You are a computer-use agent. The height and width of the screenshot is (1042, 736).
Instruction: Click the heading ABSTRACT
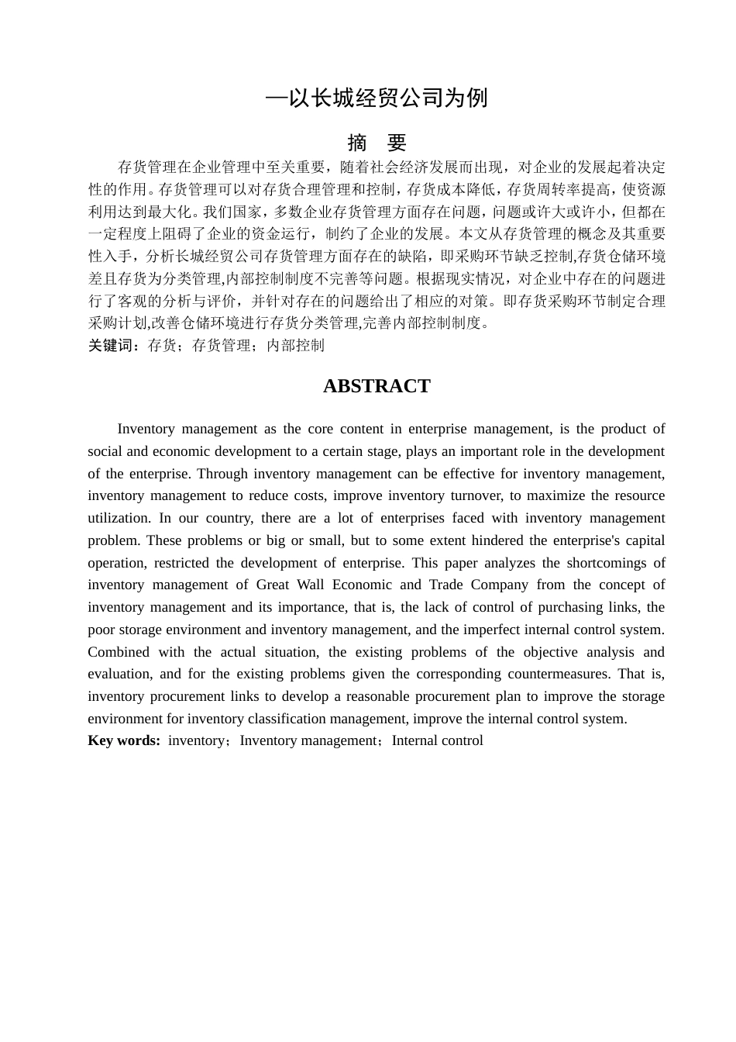click(377, 386)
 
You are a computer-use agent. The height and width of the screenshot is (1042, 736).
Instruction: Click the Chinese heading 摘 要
click(377, 143)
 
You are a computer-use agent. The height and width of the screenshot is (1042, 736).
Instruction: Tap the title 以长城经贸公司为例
click(377, 98)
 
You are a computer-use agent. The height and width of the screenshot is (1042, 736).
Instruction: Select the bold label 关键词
click(113, 346)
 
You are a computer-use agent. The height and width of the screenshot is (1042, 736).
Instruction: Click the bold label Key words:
click(124, 740)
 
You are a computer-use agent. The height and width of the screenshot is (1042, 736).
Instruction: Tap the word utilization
click(119, 518)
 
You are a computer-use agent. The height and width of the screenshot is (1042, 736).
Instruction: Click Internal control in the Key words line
click(438, 740)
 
